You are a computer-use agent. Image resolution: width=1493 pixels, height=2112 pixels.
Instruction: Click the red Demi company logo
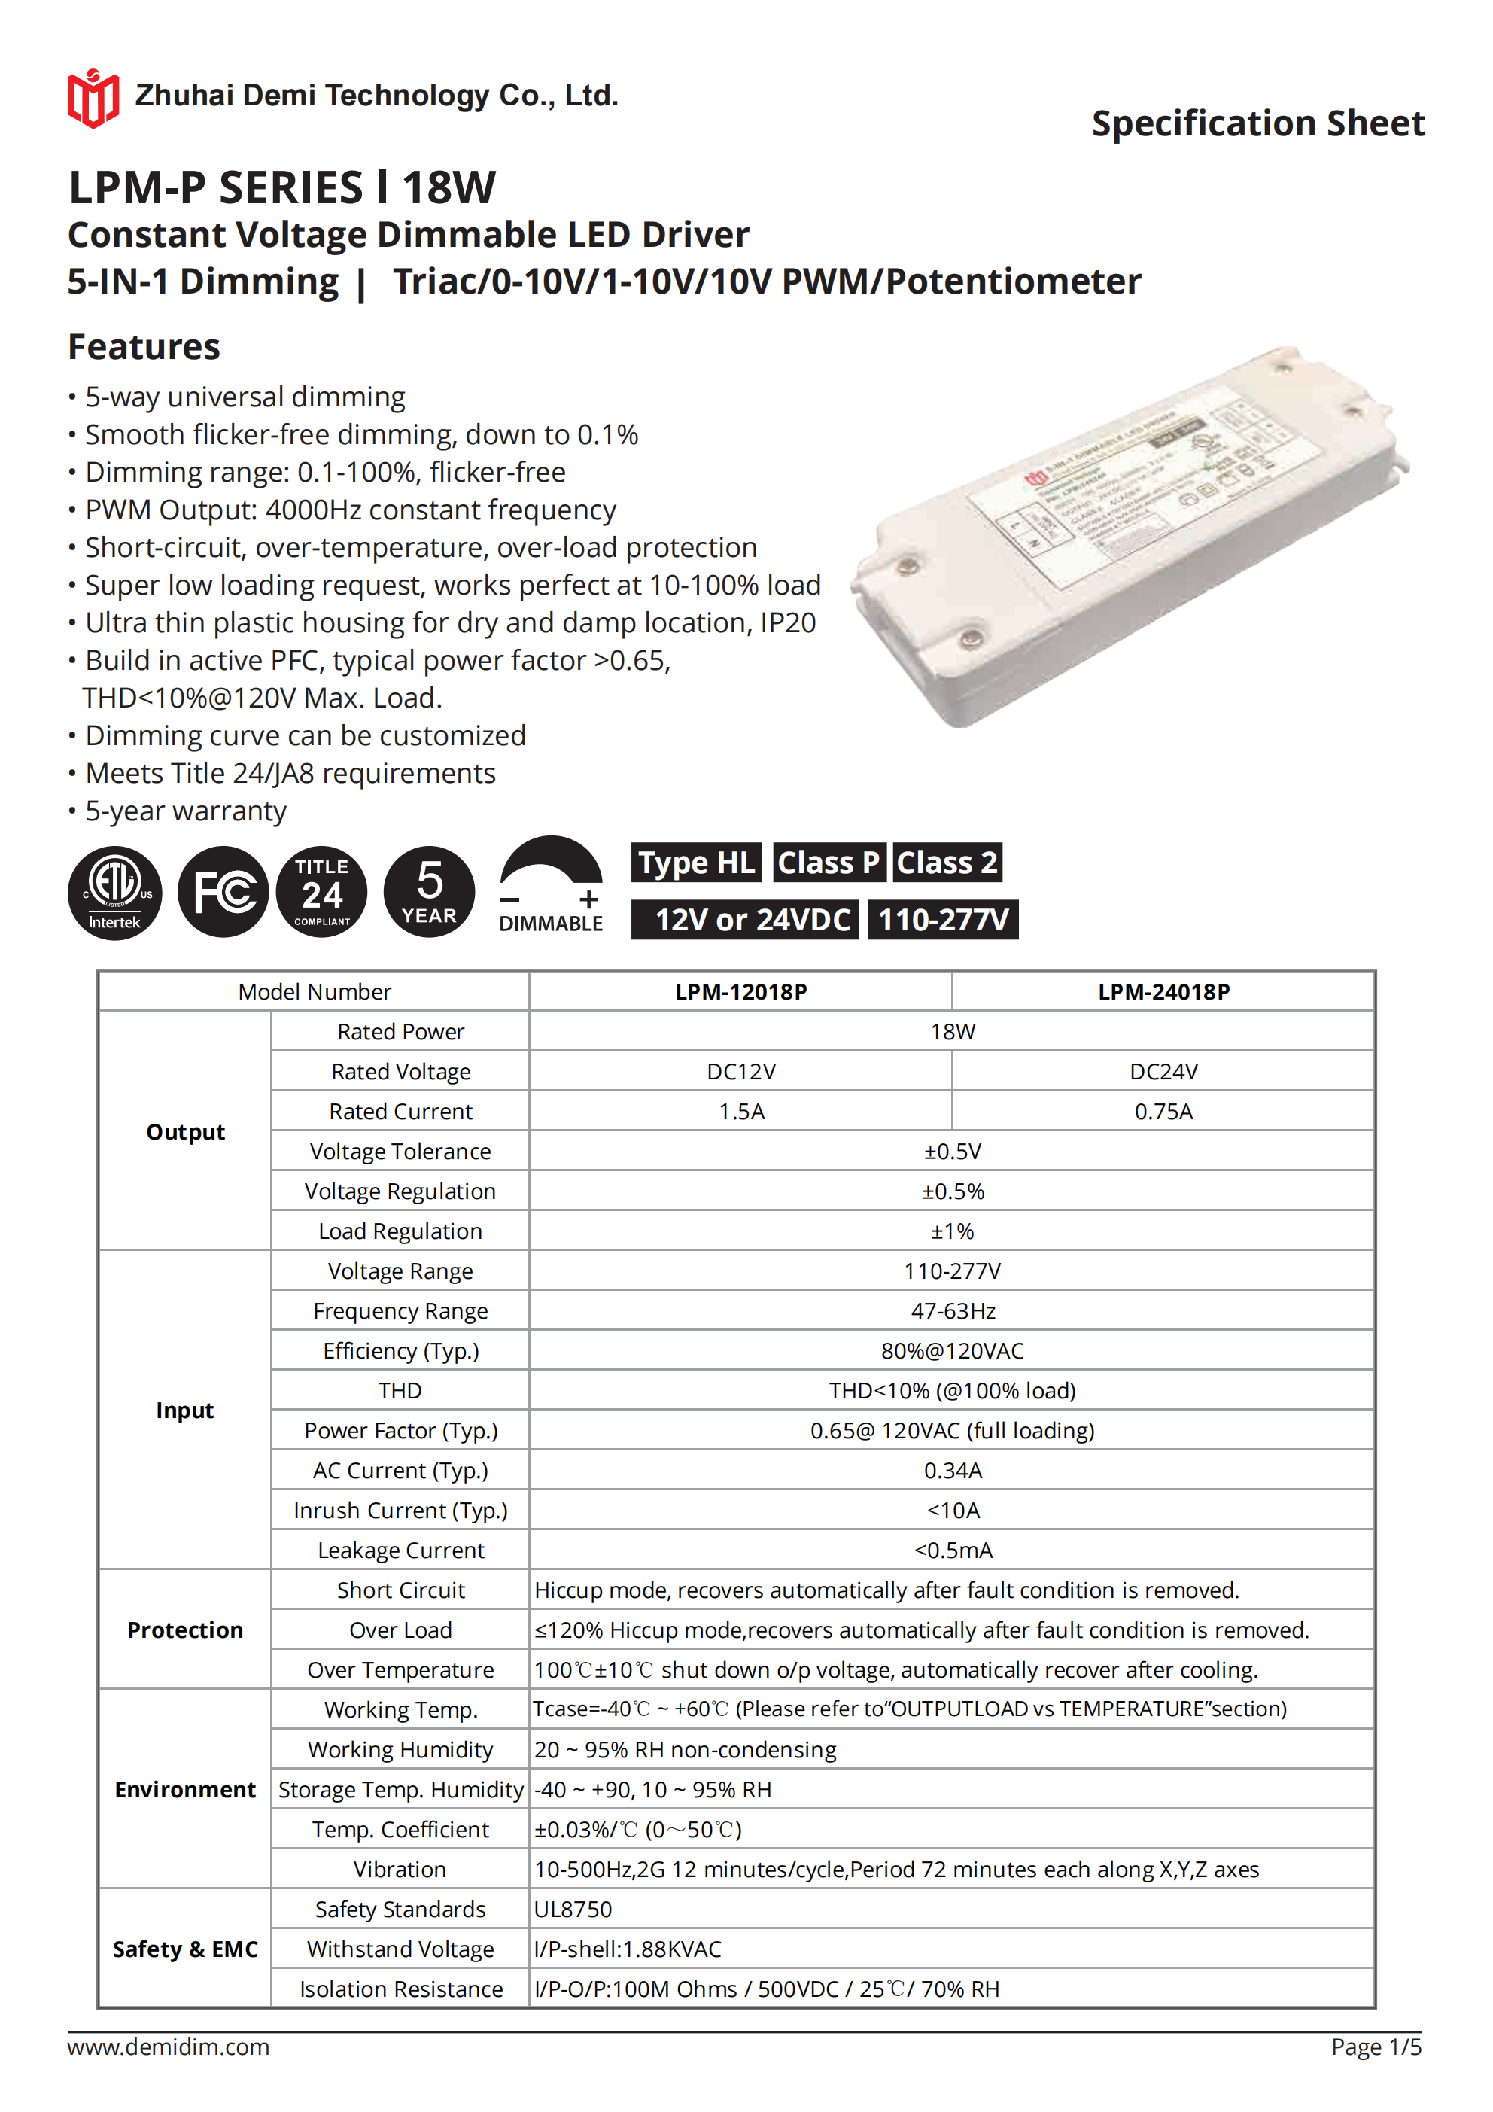point(93,98)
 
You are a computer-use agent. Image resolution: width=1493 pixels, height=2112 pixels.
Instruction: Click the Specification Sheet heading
point(1257,123)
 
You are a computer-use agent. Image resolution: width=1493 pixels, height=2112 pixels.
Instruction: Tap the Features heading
point(144,347)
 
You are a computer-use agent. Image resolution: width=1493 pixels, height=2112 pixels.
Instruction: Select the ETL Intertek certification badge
point(114,891)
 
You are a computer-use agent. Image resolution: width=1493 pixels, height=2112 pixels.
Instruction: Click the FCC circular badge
point(223,891)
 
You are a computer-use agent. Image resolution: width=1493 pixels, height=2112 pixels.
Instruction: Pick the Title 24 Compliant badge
point(321,891)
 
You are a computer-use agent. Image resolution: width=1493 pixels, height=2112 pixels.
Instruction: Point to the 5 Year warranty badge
point(429,891)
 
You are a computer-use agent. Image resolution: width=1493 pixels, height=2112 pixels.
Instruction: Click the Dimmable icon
point(550,885)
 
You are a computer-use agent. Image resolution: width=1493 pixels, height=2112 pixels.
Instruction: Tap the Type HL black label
point(695,863)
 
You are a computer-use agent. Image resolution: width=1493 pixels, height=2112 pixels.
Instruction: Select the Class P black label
point(829,863)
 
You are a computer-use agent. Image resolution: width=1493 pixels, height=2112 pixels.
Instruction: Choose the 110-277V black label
point(943,920)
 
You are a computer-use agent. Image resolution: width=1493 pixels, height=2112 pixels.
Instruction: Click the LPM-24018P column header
point(1163,991)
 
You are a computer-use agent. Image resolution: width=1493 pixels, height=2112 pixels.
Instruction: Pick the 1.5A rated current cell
point(741,1111)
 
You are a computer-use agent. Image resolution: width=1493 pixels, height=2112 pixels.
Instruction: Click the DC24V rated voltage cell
point(1163,1072)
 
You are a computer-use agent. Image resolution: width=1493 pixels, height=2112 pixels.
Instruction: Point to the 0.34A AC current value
point(952,1470)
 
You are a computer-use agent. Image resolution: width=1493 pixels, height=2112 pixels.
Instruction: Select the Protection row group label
point(185,1630)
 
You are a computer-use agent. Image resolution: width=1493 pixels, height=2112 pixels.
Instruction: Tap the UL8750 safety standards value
point(573,1910)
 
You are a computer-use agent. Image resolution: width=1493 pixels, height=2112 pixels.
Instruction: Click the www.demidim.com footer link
point(169,2047)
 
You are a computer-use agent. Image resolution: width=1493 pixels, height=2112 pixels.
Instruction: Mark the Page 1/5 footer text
point(1376,2047)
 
